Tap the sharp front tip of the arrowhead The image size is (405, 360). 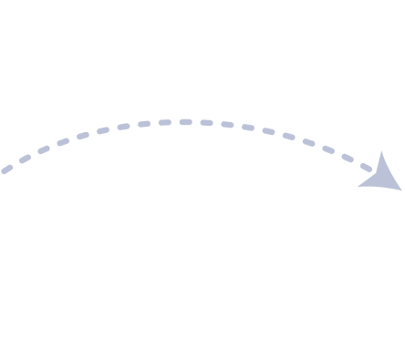pos(401,190)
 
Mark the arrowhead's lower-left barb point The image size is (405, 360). pos(358,186)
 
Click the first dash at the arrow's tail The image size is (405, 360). pos(7,169)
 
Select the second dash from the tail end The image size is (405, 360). pos(25,158)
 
